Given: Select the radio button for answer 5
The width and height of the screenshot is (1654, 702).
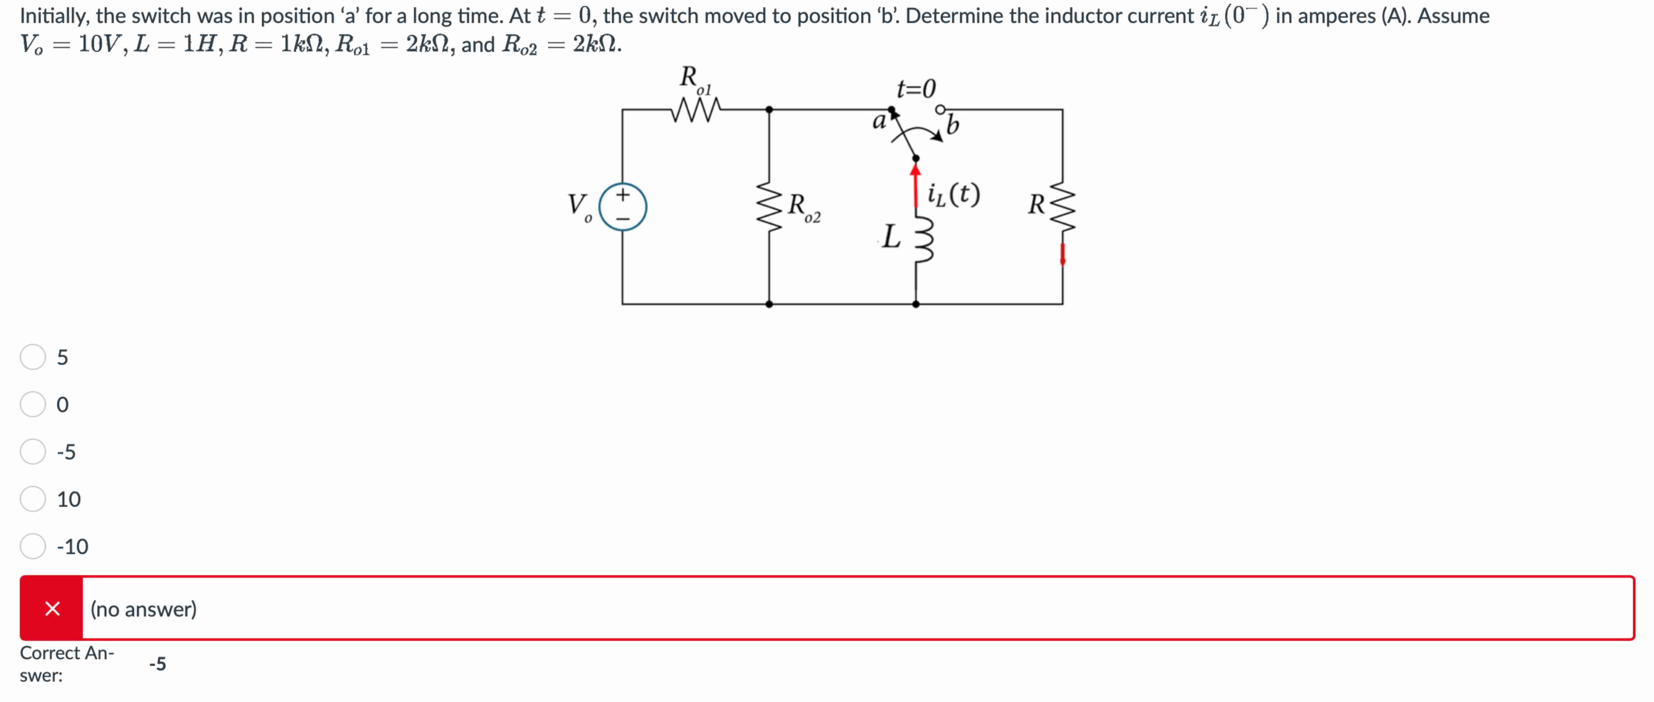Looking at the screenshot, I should [x=33, y=357].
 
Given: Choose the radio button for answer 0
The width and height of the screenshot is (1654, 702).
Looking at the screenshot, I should [x=33, y=404].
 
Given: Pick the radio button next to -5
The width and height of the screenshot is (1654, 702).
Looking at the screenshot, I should [x=33, y=452].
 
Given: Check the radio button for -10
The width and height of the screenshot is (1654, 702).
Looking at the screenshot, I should [x=33, y=546].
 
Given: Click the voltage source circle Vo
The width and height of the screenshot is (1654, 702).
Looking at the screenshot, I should [x=622, y=207].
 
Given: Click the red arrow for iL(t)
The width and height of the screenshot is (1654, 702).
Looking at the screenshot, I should [x=915, y=186].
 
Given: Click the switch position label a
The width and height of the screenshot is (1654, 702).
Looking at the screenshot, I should [x=878, y=121].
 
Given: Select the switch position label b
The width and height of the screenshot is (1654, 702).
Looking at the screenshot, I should [x=953, y=125].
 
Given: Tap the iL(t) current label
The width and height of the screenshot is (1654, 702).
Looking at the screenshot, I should [x=954, y=194].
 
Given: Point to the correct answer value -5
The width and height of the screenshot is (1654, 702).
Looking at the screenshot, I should [x=157, y=664].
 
